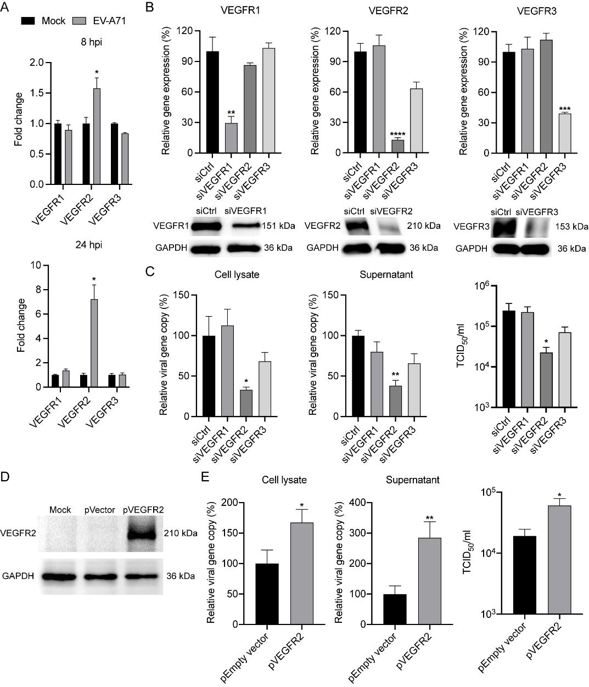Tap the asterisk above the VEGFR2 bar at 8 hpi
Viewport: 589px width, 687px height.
point(96,72)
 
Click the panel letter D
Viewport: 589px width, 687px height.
point(5,477)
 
